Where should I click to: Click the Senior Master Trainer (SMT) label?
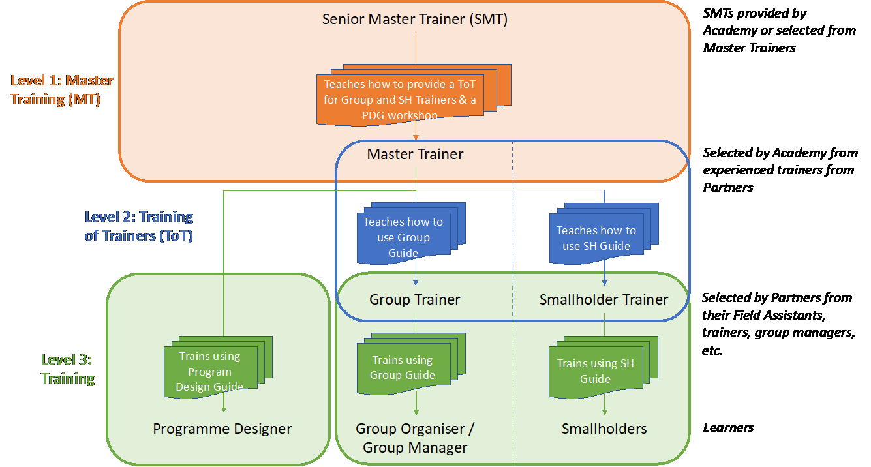pyautogui.click(x=415, y=20)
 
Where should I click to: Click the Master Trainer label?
pyautogui.click(x=415, y=155)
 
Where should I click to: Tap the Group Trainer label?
pyautogui.click(x=415, y=300)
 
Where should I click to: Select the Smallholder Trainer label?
pyautogui.click(x=604, y=300)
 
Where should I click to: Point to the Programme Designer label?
pyautogui.click(x=222, y=429)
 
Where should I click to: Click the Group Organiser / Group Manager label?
pyautogui.click(x=415, y=438)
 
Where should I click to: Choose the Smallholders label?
pyautogui.click(x=604, y=429)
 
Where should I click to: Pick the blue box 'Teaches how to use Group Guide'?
pyautogui.click(x=403, y=237)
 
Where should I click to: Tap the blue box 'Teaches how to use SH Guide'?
pyautogui.click(x=596, y=238)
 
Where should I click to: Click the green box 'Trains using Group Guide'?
pyautogui.click(x=403, y=367)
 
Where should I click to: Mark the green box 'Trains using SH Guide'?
pyautogui.click(x=595, y=371)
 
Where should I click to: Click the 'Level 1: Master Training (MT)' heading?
pyautogui.click(x=62, y=91)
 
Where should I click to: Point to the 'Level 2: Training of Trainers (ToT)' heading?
pyautogui.click(x=139, y=226)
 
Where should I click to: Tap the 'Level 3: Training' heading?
pyautogui.click(x=68, y=369)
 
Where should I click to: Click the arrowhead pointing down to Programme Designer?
pyautogui.click(x=224, y=409)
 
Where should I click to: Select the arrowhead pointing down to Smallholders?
pyautogui.click(x=605, y=412)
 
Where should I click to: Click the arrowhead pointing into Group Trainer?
pyautogui.click(x=416, y=283)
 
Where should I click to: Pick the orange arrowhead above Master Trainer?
pyautogui.click(x=416, y=138)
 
